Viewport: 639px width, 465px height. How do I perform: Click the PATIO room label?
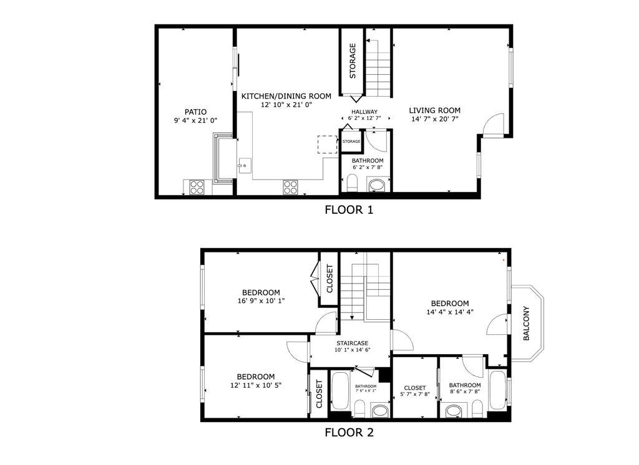click(x=195, y=112)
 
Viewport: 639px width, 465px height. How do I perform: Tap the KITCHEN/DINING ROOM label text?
click(x=286, y=96)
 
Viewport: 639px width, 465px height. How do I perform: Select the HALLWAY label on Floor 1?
click(x=364, y=112)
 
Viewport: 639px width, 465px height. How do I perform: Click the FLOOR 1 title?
click(x=349, y=210)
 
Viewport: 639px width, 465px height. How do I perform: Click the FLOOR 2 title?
click(x=349, y=432)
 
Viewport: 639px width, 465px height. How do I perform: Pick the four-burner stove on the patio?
click(x=197, y=186)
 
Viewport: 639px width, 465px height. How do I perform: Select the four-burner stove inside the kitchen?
click(x=291, y=186)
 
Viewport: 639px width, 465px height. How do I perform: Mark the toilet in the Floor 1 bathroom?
click(x=351, y=184)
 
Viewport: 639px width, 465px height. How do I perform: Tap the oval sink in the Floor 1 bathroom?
click(x=377, y=185)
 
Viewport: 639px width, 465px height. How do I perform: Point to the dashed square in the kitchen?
click(x=326, y=145)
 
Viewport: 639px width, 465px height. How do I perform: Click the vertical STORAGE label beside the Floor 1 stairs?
click(x=353, y=60)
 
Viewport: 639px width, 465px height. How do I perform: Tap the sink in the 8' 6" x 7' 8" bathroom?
click(x=454, y=410)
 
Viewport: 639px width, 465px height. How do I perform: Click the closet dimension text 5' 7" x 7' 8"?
click(x=414, y=394)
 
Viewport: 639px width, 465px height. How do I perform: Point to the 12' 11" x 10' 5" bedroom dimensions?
click(x=255, y=385)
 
